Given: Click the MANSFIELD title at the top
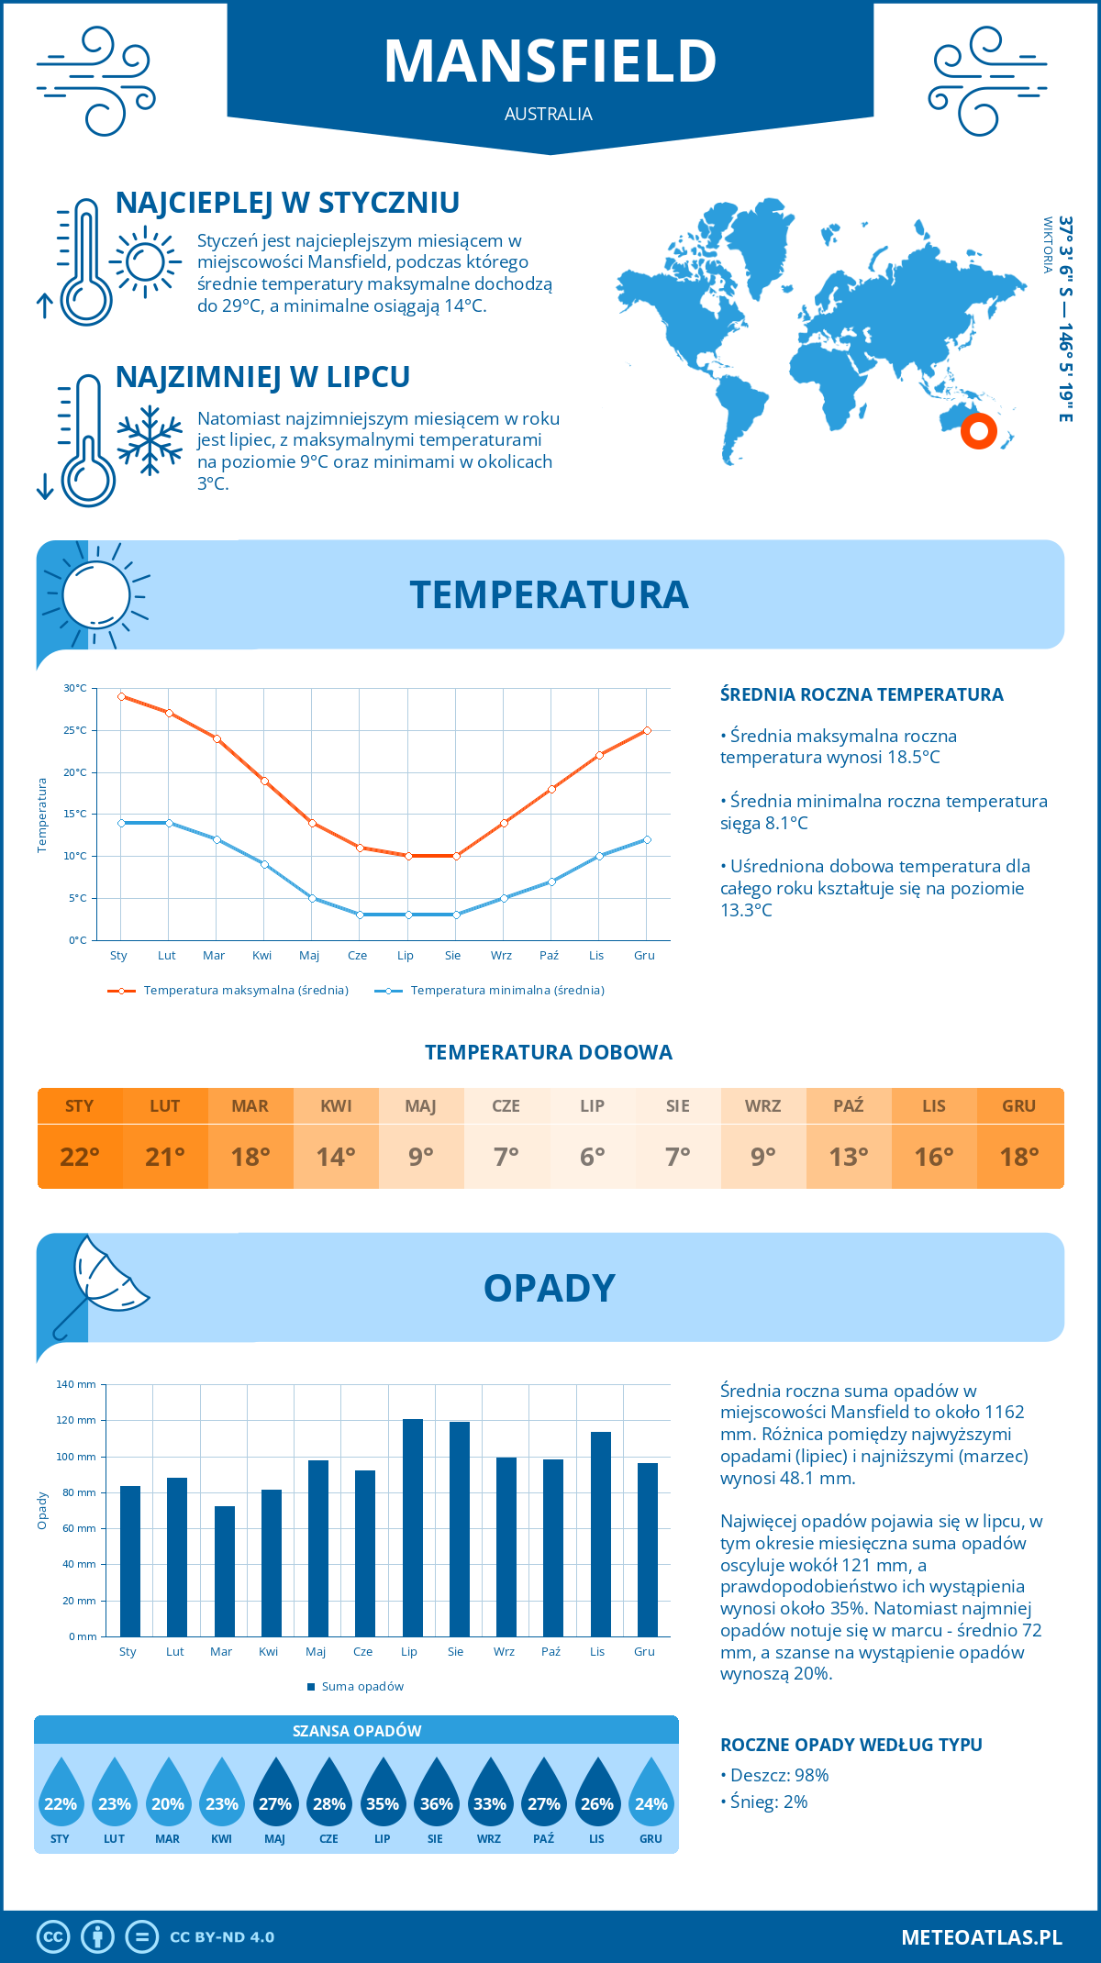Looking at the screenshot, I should coord(550,61).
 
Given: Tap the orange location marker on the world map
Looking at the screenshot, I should coord(978,430).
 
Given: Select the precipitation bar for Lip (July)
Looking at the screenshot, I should coord(413,1527).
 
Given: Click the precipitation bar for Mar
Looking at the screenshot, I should coord(225,1570).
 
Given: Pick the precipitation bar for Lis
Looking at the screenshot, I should coord(601,1534).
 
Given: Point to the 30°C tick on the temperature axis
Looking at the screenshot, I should coord(75,688).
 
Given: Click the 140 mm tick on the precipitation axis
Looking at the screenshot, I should coord(77,1384).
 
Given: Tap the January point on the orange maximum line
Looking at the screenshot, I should coord(121,696).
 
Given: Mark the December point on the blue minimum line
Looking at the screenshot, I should coord(647,839).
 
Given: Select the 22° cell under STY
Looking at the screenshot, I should coord(80,1157).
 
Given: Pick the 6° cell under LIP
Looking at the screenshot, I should coord(592,1157).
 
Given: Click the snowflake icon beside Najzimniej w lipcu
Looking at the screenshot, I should coord(150,440).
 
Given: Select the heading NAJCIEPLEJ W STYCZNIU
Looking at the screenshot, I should coord(287,203).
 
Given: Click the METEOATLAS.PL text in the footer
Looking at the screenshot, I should coord(981,1937).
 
